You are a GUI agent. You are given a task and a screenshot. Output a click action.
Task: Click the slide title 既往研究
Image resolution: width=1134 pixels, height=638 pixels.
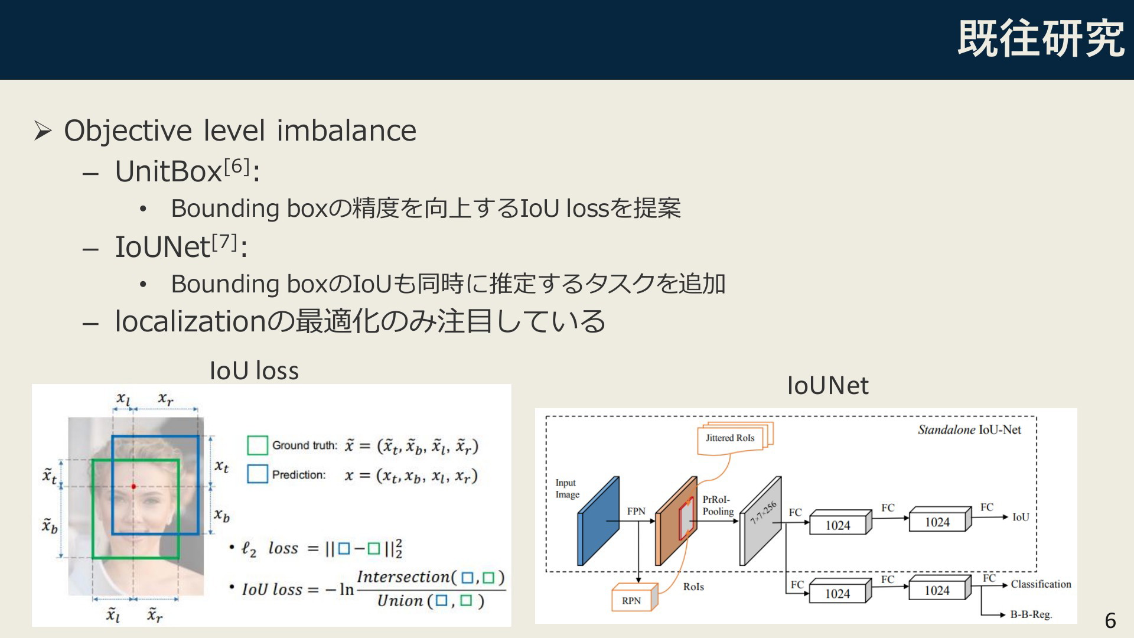1041,39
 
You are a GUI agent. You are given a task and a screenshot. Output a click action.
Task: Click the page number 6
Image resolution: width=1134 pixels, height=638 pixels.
1110,621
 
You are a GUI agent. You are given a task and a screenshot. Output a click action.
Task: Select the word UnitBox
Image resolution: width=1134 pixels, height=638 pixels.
168,172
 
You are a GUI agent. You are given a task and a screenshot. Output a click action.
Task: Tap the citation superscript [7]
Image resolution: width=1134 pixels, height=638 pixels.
224,242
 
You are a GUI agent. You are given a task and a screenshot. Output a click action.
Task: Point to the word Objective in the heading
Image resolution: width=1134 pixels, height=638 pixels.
128,131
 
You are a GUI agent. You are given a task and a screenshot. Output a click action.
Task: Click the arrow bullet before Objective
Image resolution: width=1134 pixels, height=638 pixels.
43,131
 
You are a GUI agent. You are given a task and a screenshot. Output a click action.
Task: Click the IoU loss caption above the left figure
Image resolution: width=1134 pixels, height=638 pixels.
254,370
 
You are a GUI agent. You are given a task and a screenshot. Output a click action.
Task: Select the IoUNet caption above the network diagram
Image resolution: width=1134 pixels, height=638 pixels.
827,386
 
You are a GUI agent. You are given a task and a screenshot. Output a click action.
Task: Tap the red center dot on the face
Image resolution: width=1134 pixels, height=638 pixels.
133,486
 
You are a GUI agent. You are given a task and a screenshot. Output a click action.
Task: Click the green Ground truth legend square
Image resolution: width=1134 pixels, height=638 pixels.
258,445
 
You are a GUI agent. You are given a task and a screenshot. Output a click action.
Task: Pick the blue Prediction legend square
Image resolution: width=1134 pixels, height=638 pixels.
258,474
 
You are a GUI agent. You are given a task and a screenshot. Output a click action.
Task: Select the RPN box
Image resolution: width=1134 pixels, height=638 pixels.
634,598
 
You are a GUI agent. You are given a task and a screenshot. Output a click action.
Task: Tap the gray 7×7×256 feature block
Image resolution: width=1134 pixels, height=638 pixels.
761,521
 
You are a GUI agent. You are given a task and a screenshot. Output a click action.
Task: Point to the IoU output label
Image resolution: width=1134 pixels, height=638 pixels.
1021,517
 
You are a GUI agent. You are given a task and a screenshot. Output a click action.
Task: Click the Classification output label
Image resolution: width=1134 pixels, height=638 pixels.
1041,584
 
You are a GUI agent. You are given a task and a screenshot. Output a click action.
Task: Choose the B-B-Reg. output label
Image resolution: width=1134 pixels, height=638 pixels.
1031,614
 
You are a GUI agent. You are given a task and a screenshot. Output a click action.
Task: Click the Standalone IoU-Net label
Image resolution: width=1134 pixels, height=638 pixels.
969,430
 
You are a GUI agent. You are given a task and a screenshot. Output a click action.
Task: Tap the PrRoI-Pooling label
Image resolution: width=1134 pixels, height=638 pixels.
718,506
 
